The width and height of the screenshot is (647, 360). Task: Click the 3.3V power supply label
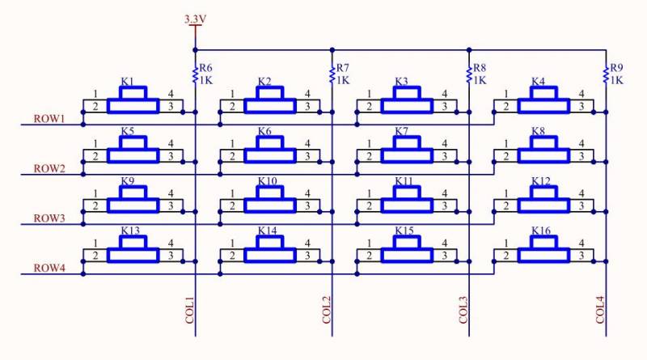(x=195, y=18)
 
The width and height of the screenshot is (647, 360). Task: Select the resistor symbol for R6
(x=195, y=74)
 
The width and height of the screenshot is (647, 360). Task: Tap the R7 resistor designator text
(x=342, y=68)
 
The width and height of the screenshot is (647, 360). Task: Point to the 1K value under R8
(x=480, y=80)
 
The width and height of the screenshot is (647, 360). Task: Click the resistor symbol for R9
(x=606, y=74)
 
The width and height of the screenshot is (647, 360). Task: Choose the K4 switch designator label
(x=539, y=82)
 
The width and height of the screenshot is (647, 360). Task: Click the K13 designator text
(x=130, y=231)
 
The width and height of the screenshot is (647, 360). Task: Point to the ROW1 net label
(x=49, y=119)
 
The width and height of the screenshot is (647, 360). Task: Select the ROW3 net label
(x=49, y=218)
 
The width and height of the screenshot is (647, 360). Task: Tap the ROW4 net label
(x=49, y=269)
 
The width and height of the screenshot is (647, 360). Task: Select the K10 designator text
(x=268, y=181)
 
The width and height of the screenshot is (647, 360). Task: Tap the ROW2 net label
(x=49, y=168)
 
